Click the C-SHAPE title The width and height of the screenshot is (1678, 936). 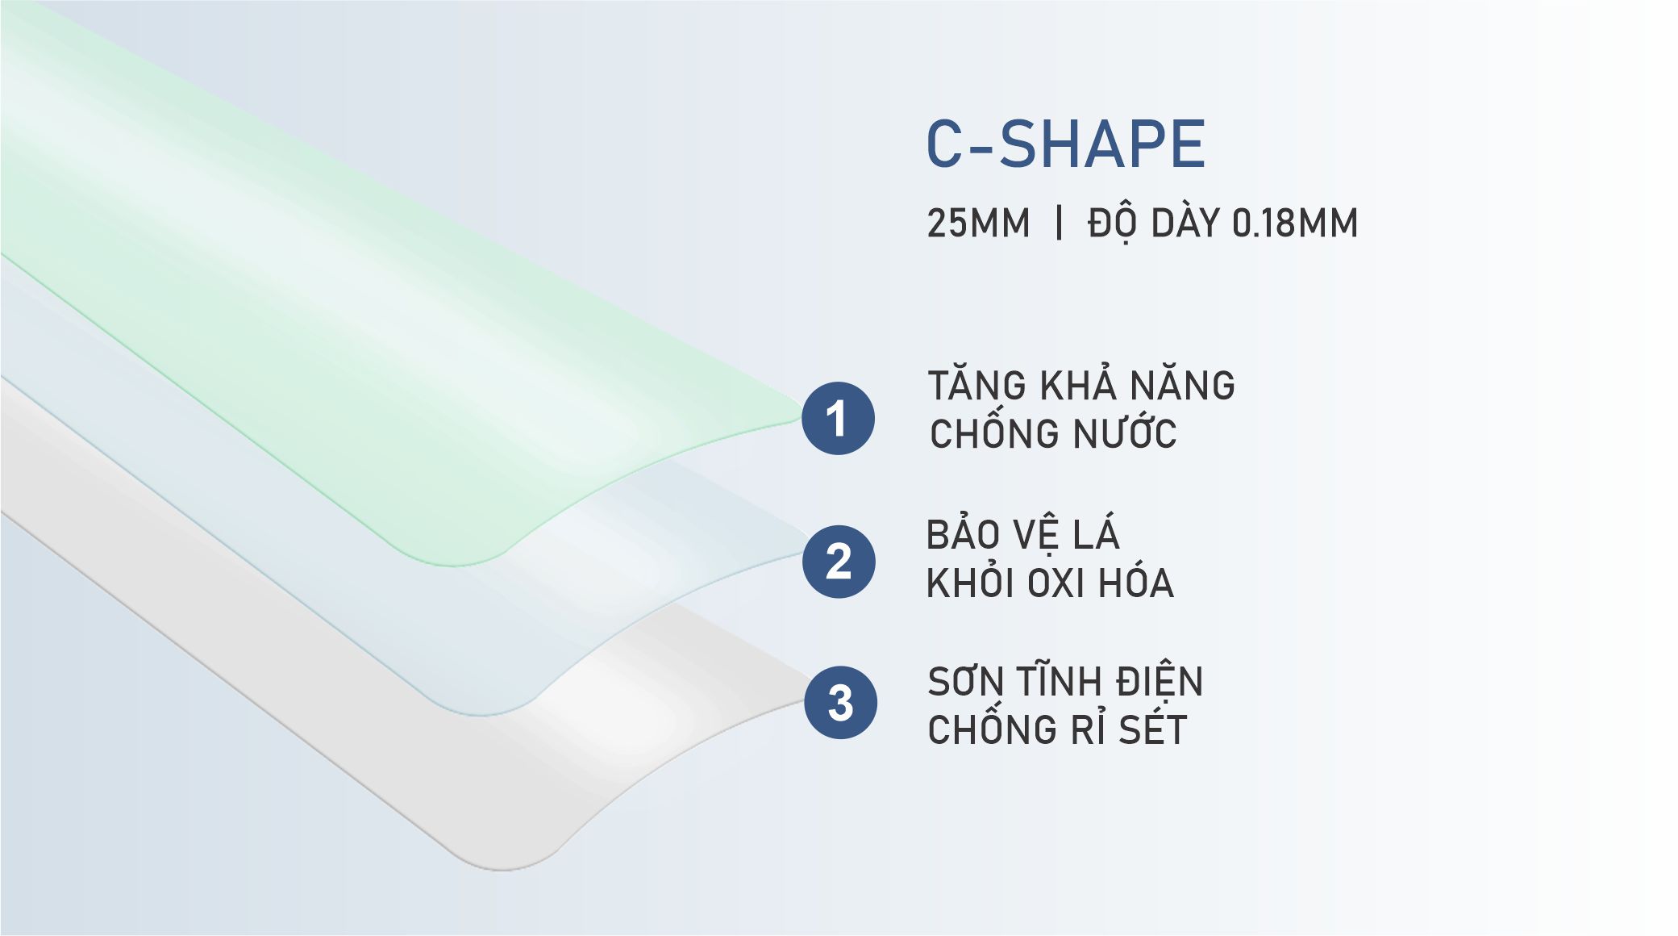(1065, 144)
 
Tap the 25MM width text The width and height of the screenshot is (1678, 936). (978, 224)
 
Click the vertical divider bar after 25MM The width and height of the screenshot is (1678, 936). (1059, 222)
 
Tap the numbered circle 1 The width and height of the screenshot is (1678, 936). (838, 418)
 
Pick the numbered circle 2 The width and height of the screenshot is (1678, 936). (839, 562)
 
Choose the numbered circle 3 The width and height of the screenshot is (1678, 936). (840, 703)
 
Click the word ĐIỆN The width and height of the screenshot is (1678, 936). (1160, 682)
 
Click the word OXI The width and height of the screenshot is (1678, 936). (1057, 583)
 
